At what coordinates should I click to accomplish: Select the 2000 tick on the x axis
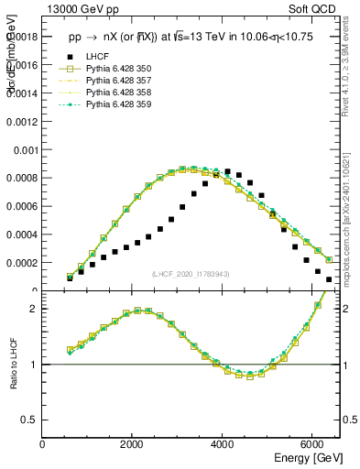click(133, 444)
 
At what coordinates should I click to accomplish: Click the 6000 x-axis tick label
click(311, 444)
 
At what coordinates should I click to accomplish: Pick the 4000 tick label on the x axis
click(223, 444)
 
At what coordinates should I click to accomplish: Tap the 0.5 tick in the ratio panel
click(31, 420)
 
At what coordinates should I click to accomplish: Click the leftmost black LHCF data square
click(70, 278)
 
